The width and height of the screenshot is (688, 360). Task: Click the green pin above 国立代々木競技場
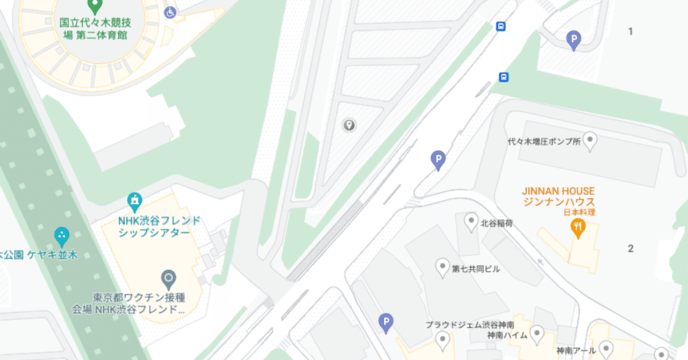95,6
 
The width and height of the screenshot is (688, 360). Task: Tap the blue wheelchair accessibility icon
170,12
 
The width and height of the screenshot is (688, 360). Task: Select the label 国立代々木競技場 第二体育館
95,28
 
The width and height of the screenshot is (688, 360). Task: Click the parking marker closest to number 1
574,40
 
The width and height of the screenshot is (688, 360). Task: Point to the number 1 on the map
630,31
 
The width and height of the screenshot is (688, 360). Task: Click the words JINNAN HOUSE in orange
558,191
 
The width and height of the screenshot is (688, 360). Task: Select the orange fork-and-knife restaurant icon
578,229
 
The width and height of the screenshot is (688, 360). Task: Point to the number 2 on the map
630,248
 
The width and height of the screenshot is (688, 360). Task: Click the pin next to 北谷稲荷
471,221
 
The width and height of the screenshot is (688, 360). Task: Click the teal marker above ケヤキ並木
62,235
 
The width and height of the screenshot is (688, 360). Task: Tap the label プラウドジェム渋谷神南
470,325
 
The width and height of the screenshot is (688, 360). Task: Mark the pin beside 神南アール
606,349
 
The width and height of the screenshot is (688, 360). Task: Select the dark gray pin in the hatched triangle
349,126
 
